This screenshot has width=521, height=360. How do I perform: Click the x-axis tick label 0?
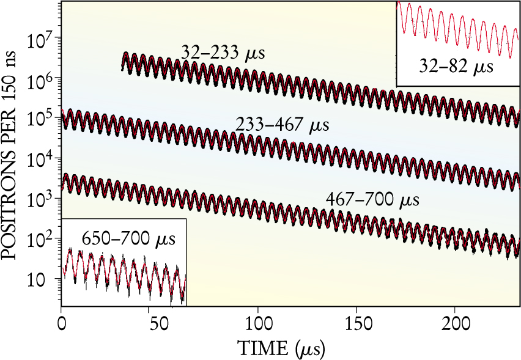tap(61, 323)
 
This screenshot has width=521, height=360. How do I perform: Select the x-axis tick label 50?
tap(160, 323)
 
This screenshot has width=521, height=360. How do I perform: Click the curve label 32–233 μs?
tap(223, 53)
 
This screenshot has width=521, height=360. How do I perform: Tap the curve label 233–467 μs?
tap(283, 126)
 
